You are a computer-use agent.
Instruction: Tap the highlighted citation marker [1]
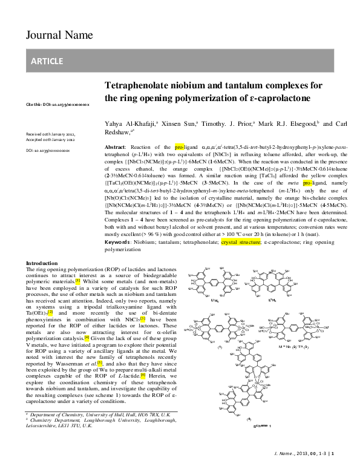tap(77, 281)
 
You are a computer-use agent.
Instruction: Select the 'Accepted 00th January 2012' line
tap(50, 139)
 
